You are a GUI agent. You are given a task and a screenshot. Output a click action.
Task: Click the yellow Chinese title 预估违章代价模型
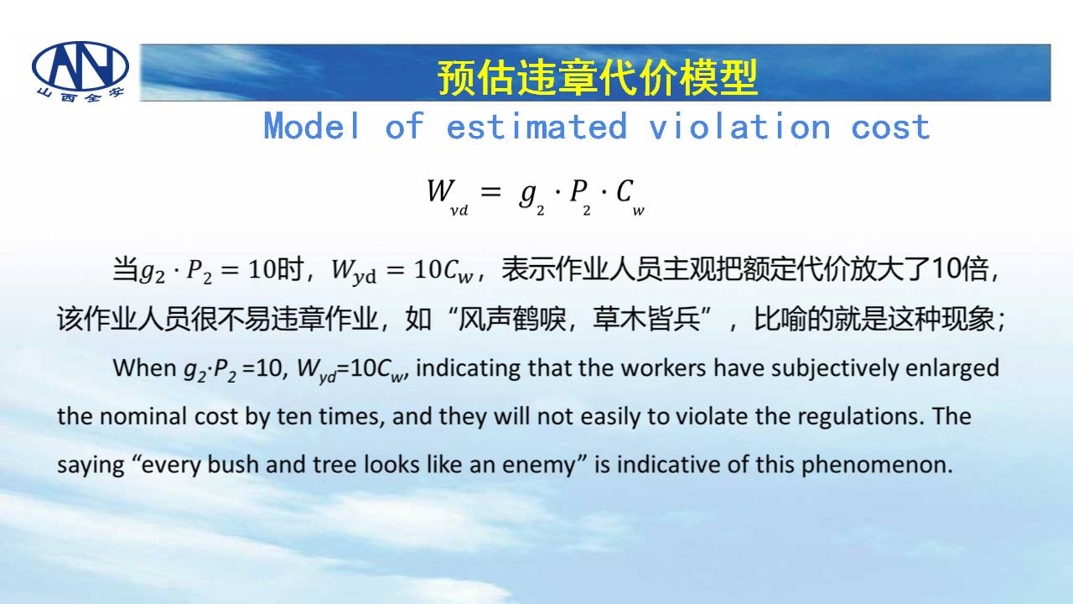click(x=598, y=76)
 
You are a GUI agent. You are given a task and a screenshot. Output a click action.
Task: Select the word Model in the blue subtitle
click(x=311, y=126)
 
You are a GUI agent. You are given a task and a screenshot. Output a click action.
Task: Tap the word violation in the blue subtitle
click(x=739, y=126)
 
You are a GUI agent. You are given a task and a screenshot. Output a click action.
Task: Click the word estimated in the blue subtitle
click(x=536, y=126)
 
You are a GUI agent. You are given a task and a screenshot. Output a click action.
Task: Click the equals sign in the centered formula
click(x=490, y=192)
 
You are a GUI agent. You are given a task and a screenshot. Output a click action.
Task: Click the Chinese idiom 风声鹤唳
click(x=512, y=319)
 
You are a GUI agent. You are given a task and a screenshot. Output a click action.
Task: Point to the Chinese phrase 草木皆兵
click(x=646, y=319)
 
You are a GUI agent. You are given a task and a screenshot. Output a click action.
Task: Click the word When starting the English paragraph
click(x=145, y=368)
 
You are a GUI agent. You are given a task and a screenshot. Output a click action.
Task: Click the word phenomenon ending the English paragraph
click(x=877, y=466)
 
